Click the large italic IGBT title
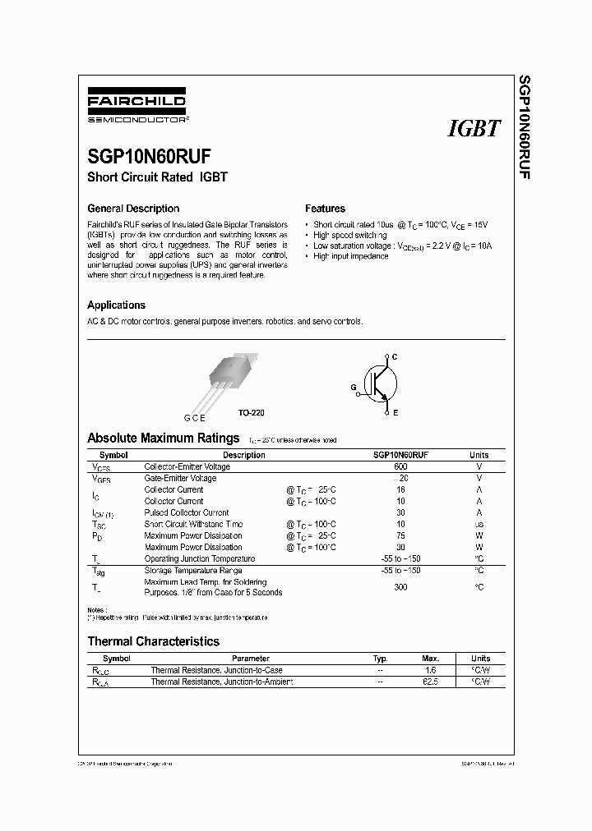tap(474, 128)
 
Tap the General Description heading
tap(133, 209)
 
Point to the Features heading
tap(325, 209)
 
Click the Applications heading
tap(116, 305)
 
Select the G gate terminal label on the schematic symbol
tap(354, 385)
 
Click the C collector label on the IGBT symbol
tap(395, 356)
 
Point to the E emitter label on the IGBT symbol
tap(395, 413)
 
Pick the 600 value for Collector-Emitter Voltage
tap(400, 466)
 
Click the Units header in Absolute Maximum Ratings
tap(479, 455)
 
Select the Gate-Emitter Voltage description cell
tap(180, 478)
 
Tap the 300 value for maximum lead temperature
tap(400, 587)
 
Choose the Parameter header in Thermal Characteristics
tap(250, 659)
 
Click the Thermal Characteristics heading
tap(153, 641)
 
